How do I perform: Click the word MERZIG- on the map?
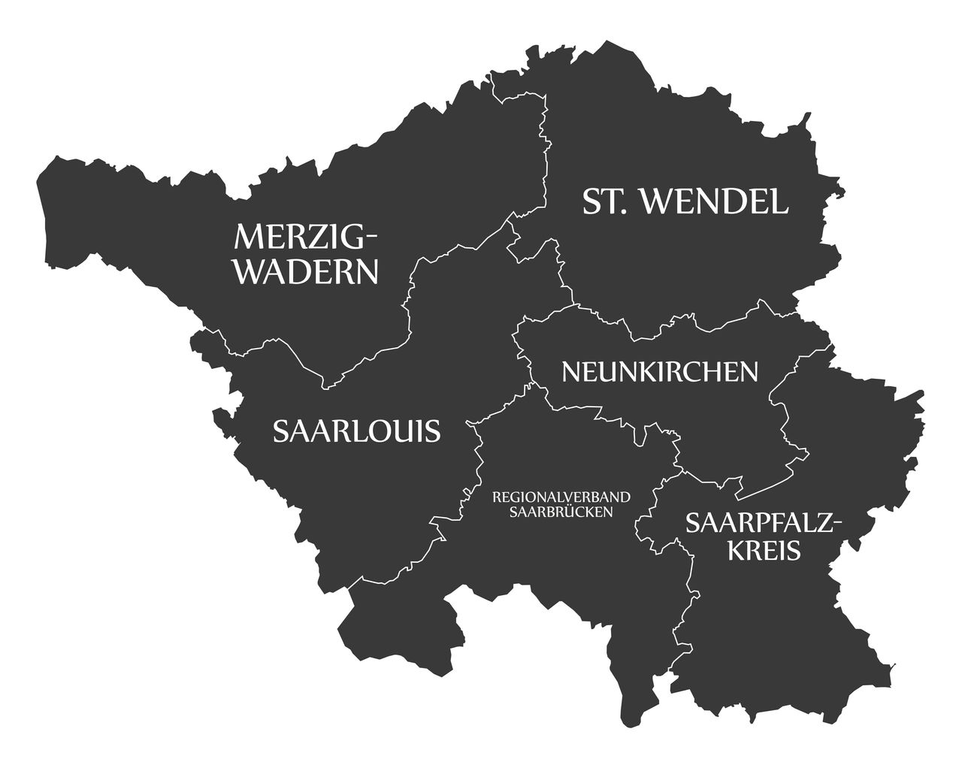point(304,237)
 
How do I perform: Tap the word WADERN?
point(307,271)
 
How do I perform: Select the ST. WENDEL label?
point(685,201)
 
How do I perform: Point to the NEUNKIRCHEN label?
point(660,371)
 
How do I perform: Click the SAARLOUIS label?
point(356,431)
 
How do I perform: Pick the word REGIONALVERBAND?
point(561,497)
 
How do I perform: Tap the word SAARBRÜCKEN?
point(561,512)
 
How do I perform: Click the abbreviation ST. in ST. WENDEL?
point(605,201)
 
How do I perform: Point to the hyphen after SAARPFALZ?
point(838,524)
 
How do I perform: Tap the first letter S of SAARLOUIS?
point(281,431)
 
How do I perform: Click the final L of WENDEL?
point(780,201)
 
